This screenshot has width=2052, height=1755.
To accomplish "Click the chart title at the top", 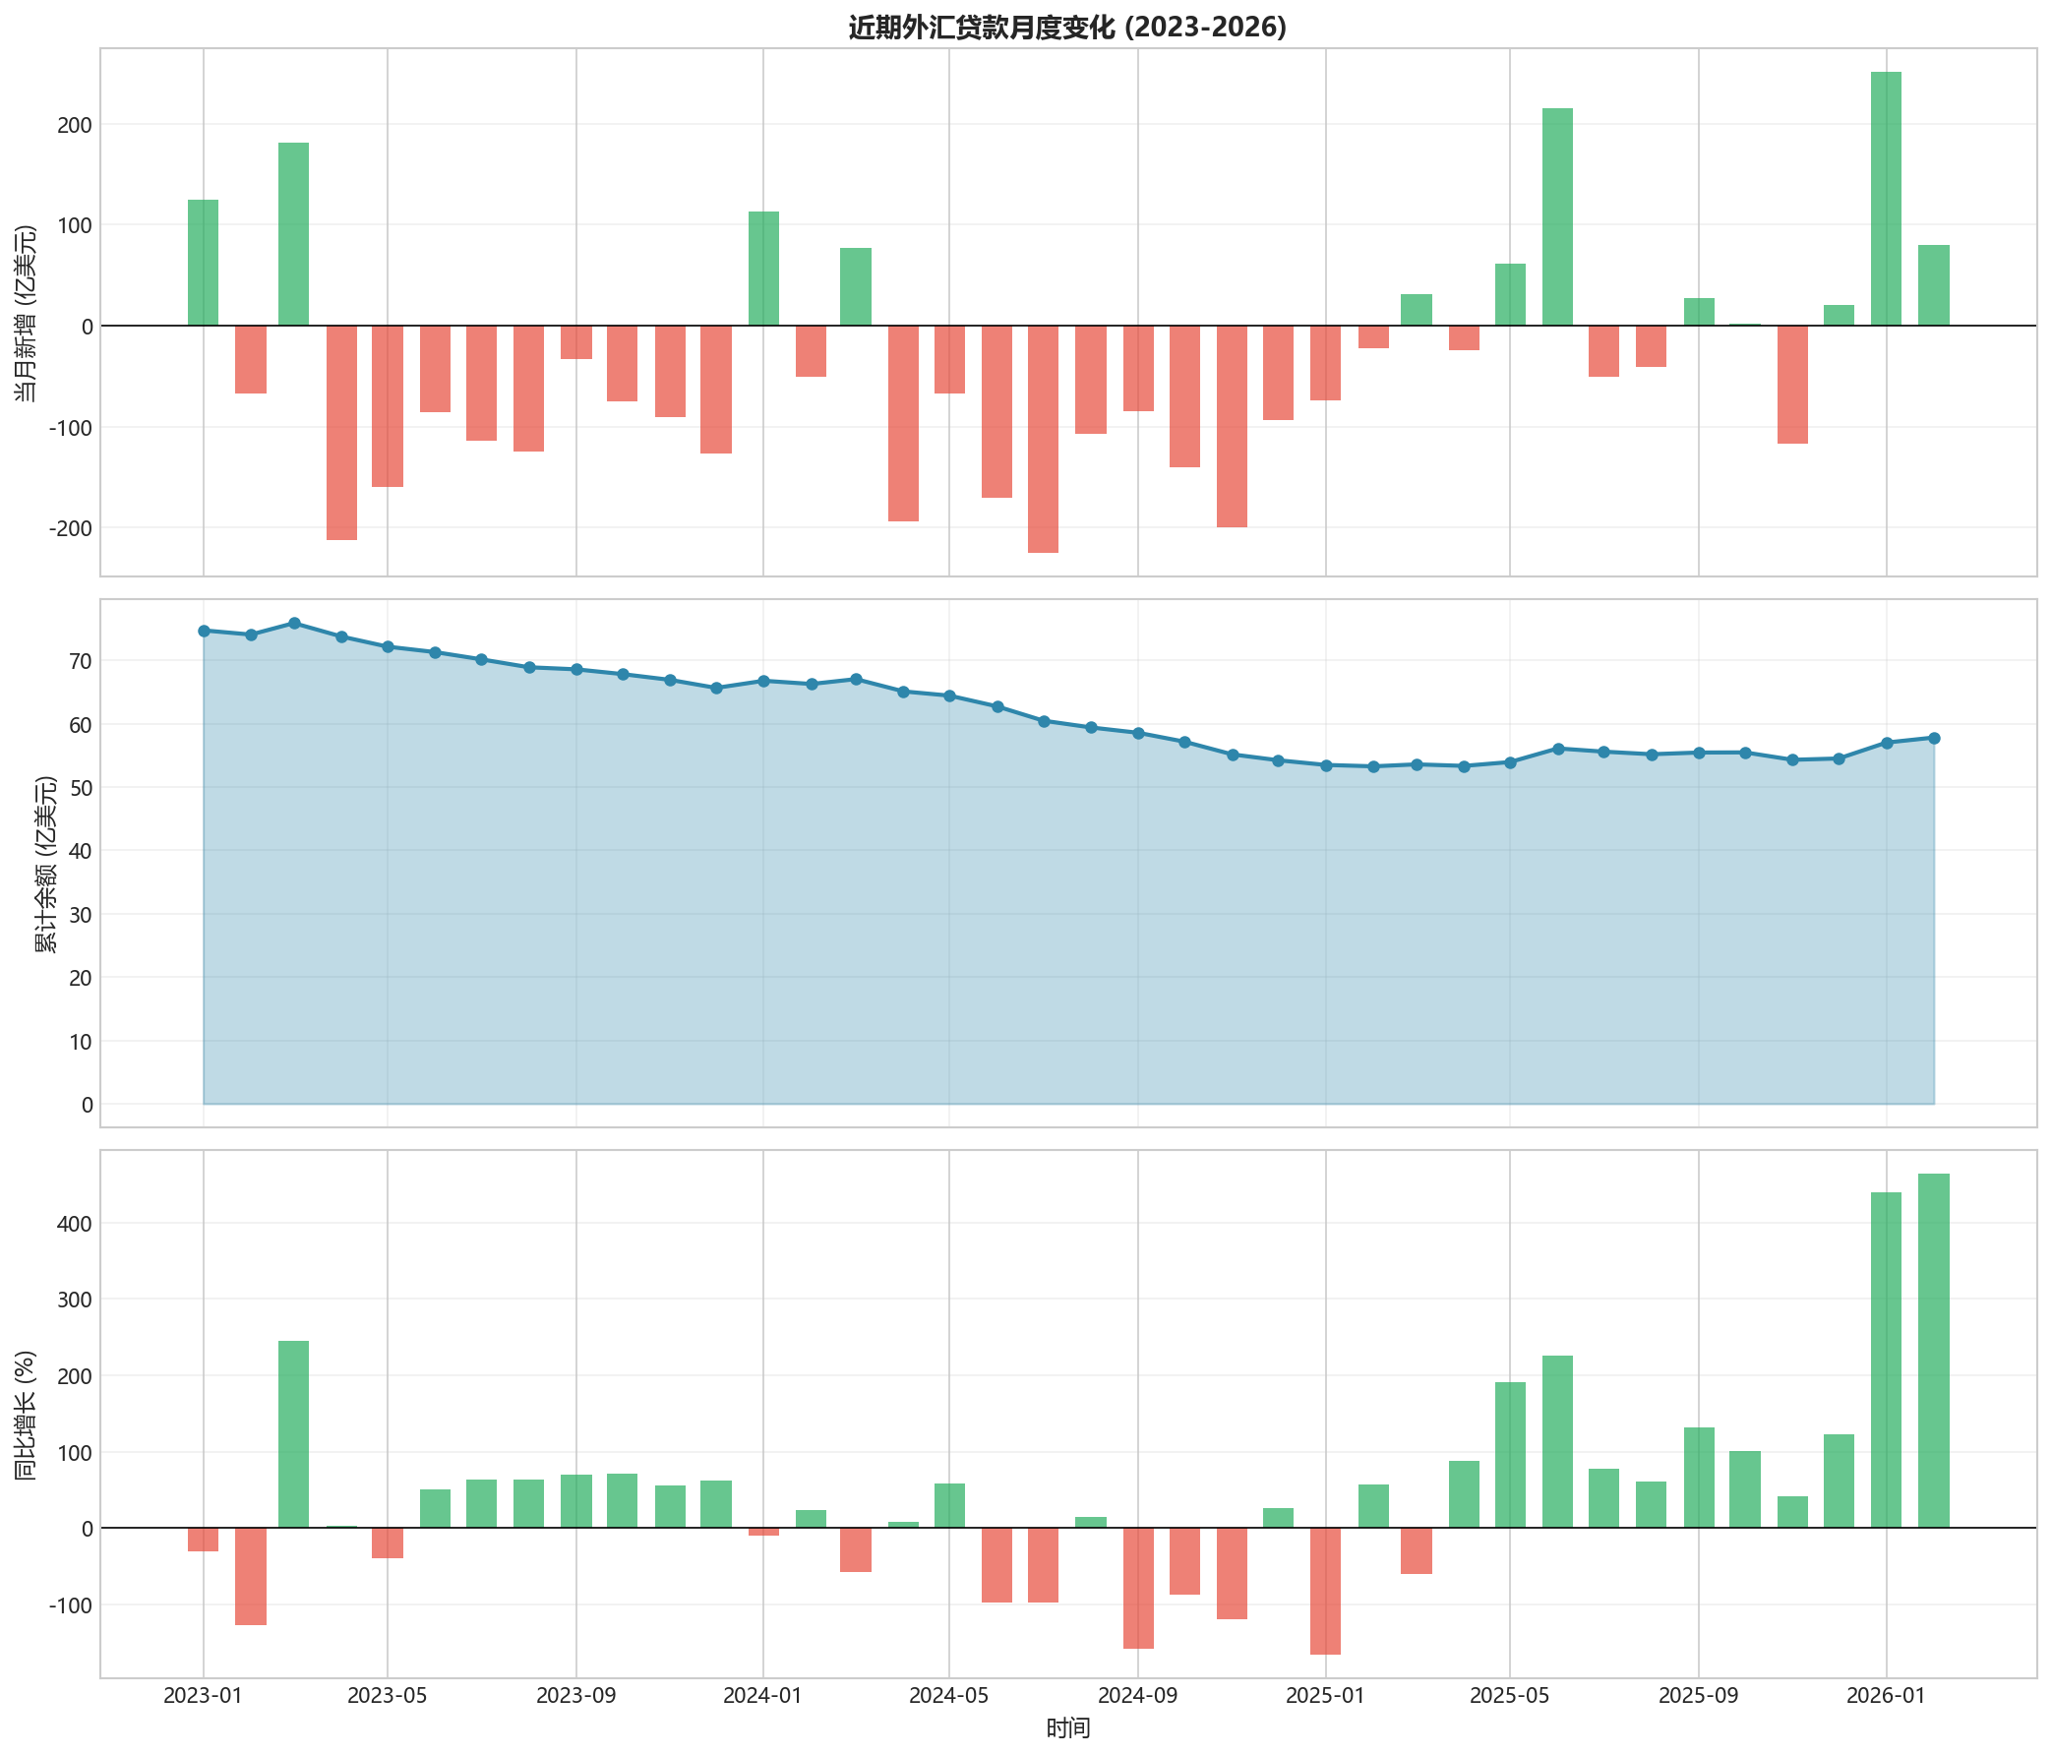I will [x=1067, y=27].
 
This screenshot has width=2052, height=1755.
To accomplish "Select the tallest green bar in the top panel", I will [x=1886, y=198].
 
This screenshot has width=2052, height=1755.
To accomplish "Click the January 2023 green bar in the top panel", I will [x=203, y=263].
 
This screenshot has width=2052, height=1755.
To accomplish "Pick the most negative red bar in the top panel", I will [x=1043, y=439].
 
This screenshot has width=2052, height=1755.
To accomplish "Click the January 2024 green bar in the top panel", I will [x=763, y=269].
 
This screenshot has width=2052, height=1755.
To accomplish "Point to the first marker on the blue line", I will [x=204, y=631].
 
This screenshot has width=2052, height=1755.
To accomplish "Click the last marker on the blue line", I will [x=1934, y=738].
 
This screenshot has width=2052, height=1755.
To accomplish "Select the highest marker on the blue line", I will [x=294, y=623].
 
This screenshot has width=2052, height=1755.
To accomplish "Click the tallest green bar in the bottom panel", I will [x=1933, y=1351].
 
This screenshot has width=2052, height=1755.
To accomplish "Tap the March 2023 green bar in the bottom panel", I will [x=294, y=1434].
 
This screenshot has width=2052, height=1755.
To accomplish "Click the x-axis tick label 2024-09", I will [x=1138, y=1697].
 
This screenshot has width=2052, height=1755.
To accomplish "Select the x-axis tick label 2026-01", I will [x=1886, y=1697].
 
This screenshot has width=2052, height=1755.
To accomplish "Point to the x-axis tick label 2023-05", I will [x=388, y=1697].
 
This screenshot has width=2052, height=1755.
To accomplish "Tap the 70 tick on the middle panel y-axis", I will [x=80, y=661].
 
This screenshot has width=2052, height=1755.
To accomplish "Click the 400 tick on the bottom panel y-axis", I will [x=69, y=1223].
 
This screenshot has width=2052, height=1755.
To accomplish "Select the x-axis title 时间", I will [x=1067, y=1729].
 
